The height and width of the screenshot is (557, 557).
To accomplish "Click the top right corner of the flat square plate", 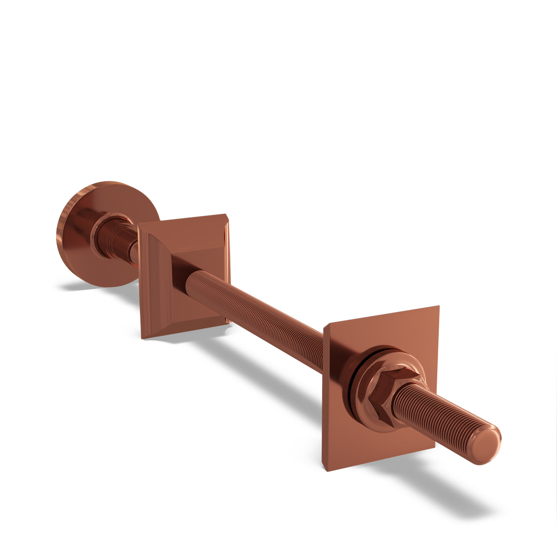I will click(438, 307).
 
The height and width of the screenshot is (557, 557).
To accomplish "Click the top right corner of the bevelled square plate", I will click(226, 216).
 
